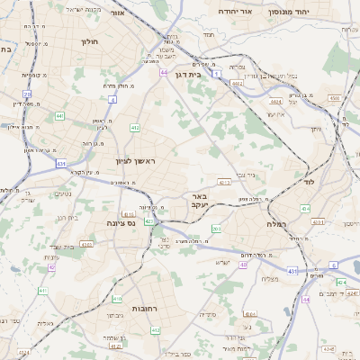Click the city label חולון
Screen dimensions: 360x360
click(x=89, y=41)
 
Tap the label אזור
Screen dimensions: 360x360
click(x=116, y=13)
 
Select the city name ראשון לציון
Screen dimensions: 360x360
click(x=135, y=161)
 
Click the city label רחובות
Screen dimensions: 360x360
click(x=145, y=308)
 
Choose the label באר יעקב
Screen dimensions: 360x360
click(x=199, y=200)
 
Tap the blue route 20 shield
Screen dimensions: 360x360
click(x=28, y=94)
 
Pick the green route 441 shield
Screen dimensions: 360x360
click(x=58, y=115)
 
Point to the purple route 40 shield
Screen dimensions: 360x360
click(x=243, y=265)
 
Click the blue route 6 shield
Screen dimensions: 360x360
click(x=332, y=265)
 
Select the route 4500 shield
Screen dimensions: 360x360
click(x=334, y=97)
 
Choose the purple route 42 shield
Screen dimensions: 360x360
click(x=52, y=267)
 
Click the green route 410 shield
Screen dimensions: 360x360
click(x=117, y=299)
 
